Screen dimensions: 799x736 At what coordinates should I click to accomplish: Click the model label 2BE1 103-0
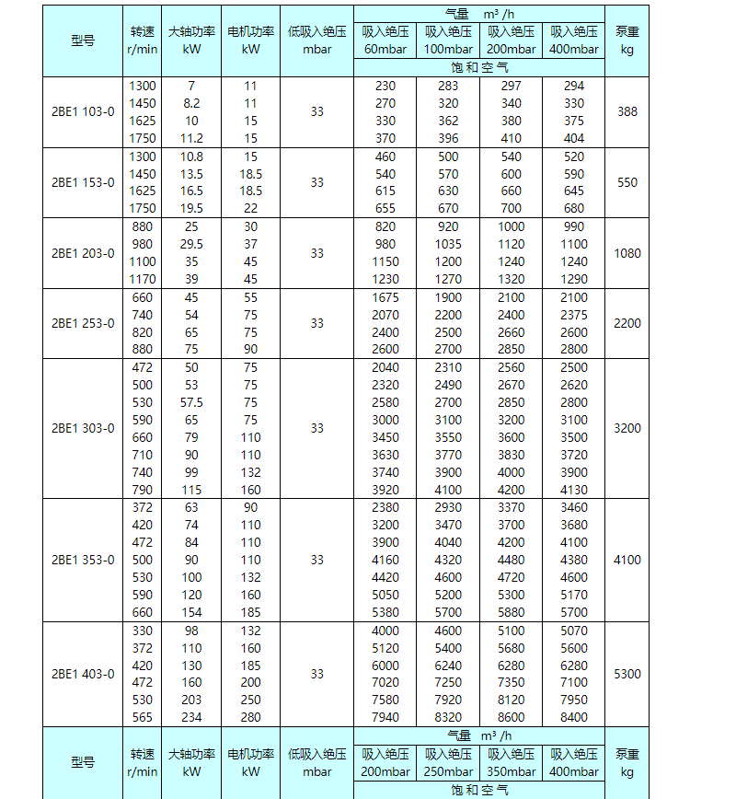83,112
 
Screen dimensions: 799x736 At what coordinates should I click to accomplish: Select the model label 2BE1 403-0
83,674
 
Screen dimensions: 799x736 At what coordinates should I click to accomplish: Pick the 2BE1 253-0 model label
83,323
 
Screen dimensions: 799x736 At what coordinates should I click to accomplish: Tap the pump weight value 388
627,112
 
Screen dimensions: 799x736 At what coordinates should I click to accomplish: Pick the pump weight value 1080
627,253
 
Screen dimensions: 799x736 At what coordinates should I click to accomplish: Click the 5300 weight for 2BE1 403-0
627,674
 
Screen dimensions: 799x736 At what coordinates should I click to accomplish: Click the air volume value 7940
385,717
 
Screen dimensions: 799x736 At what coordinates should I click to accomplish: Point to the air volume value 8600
511,717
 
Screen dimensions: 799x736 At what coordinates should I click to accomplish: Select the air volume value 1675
385,297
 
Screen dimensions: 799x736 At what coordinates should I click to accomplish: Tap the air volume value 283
448,86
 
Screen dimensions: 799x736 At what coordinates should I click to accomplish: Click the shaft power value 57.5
191,402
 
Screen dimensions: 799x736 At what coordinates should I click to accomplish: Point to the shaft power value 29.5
191,244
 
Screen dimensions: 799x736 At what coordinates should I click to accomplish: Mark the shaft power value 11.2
191,138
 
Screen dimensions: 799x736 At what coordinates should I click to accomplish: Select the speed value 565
143,717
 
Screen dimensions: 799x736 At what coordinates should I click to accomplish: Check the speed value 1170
143,279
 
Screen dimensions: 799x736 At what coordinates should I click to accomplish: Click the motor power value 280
250,717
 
